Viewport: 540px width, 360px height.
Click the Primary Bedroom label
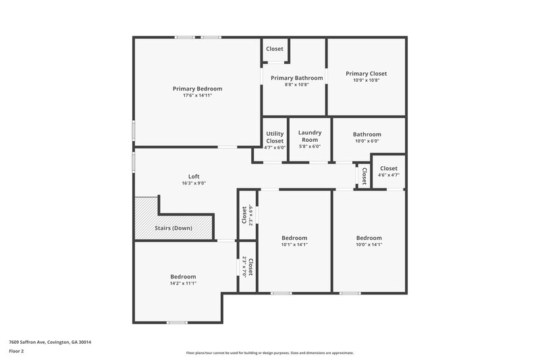click(x=197, y=88)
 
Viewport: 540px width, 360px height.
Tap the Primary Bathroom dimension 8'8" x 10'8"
click(x=296, y=85)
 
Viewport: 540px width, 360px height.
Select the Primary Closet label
click(x=367, y=74)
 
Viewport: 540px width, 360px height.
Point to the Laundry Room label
click(x=309, y=136)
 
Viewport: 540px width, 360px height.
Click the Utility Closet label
click(x=275, y=137)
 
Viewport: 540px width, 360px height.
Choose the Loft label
click(x=194, y=176)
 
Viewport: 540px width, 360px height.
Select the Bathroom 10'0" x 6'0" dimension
click(x=367, y=141)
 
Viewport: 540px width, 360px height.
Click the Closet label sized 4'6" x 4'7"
click(x=389, y=168)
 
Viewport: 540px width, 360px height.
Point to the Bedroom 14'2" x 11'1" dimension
click(x=183, y=284)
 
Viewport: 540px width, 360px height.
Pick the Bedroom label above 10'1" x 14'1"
click(x=294, y=238)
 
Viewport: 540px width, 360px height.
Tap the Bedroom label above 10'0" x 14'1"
click(x=369, y=238)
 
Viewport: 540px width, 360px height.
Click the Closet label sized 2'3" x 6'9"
click(x=244, y=215)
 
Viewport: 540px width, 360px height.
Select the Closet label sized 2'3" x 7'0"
click(x=250, y=267)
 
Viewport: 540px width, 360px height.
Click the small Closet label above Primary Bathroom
click(x=275, y=49)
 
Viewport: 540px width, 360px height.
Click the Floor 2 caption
click(x=17, y=351)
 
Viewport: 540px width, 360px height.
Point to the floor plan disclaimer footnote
click(x=269, y=353)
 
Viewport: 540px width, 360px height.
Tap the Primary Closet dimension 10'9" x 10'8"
click(x=367, y=80)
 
